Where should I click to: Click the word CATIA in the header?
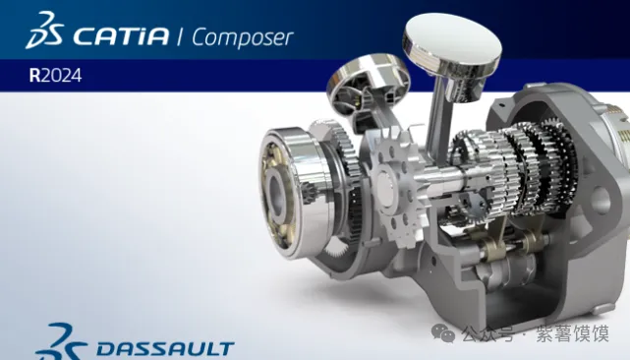(x=121, y=35)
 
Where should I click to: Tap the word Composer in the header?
(x=243, y=37)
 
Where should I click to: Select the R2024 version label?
(x=55, y=75)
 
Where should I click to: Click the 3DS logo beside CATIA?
(x=44, y=30)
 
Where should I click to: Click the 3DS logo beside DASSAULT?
(x=60, y=342)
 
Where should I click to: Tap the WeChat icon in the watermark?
(x=443, y=333)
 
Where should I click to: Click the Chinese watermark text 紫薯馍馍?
(x=572, y=333)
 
